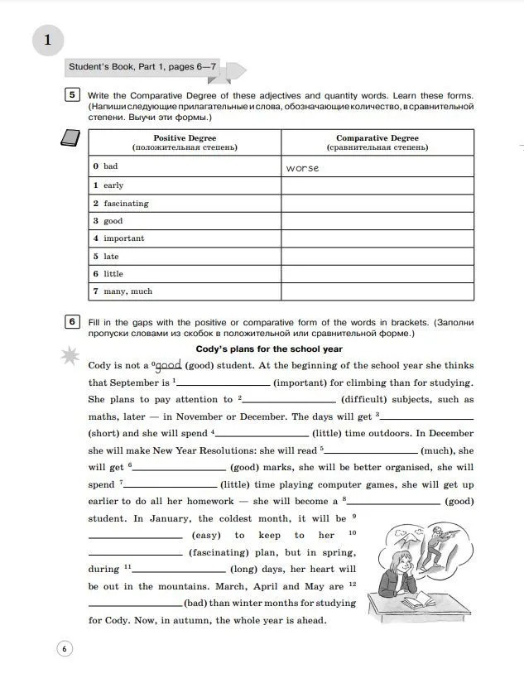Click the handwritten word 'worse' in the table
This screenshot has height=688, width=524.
tap(302, 168)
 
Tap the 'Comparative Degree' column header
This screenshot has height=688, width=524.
tap(377, 142)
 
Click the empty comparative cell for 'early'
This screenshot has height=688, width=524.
tap(377, 185)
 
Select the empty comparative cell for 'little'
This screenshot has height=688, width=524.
tap(377, 273)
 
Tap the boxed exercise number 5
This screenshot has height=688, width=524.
tap(73, 94)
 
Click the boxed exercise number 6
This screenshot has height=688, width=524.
tap(73, 321)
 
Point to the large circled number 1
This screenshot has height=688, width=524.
tap(47, 40)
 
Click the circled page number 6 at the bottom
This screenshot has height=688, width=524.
tap(65, 648)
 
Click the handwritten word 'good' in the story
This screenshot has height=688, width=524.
tap(168, 364)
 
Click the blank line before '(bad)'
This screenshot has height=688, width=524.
tap(134, 604)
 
